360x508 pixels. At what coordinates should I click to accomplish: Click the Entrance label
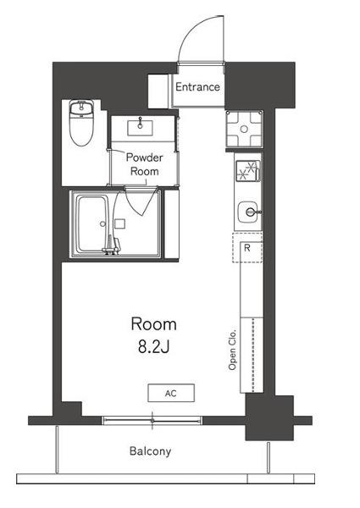[x=197, y=86]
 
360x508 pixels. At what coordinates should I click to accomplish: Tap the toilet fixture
[x=81, y=123]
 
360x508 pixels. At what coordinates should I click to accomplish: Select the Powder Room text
[x=144, y=164]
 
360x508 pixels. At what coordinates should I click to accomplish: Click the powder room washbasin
[x=140, y=128]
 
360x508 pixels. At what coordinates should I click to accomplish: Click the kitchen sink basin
[x=248, y=213]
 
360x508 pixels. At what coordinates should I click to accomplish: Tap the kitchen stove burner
[x=248, y=171]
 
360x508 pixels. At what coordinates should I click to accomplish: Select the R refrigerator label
[x=247, y=248]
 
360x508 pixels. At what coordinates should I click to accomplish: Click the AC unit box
[x=171, y=393]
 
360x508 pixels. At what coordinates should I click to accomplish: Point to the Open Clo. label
[x=232, y=351]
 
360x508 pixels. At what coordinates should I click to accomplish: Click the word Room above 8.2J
[x=153, y=324]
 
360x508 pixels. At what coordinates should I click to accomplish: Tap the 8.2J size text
[x=153, y=347]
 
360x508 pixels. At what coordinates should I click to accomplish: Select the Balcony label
[x=150, y=451]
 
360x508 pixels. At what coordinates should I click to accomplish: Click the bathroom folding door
[x=139, y=202]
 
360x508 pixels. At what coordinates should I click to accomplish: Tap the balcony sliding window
[x=152, y=421]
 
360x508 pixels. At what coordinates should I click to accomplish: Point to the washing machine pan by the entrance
[x=244, y=129]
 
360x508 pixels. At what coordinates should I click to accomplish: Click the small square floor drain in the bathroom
[x=119, y=224]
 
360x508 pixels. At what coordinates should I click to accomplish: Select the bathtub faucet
[x=111, y=246]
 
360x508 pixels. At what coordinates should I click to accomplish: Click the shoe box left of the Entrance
[x=158, y=91]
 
